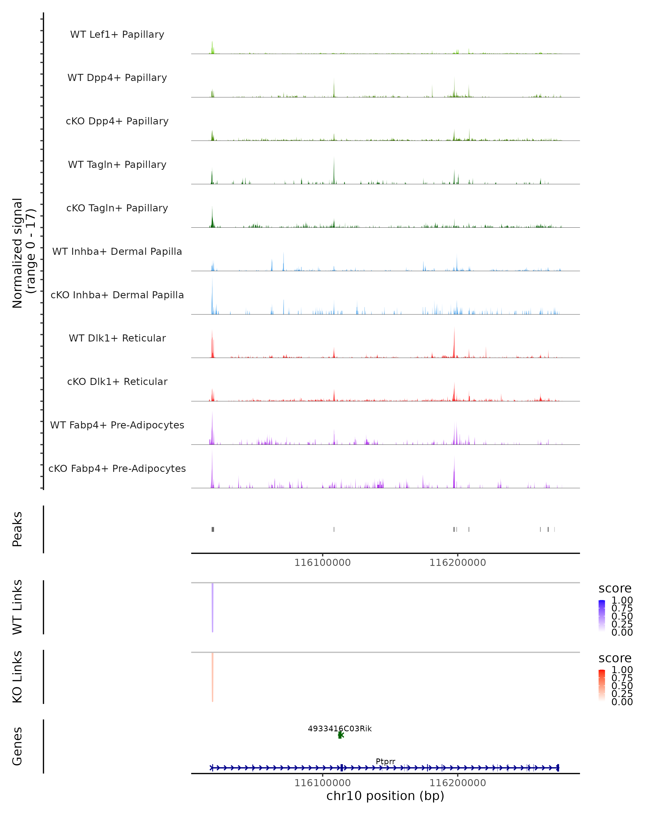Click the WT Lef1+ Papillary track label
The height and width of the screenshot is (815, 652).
117,35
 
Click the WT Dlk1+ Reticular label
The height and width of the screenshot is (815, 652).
117,338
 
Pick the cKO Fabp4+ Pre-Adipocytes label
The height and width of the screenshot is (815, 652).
117,468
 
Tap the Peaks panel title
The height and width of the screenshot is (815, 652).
17,529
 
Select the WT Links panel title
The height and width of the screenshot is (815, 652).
17,607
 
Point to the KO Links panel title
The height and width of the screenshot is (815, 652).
17,677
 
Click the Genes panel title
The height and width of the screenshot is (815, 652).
17,746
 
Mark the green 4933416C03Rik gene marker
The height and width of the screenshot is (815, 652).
340,735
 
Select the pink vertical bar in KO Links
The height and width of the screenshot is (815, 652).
212,677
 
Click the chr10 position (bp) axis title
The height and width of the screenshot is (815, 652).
385,796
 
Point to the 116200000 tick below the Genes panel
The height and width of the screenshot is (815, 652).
457,783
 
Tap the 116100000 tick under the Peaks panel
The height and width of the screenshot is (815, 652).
322,563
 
